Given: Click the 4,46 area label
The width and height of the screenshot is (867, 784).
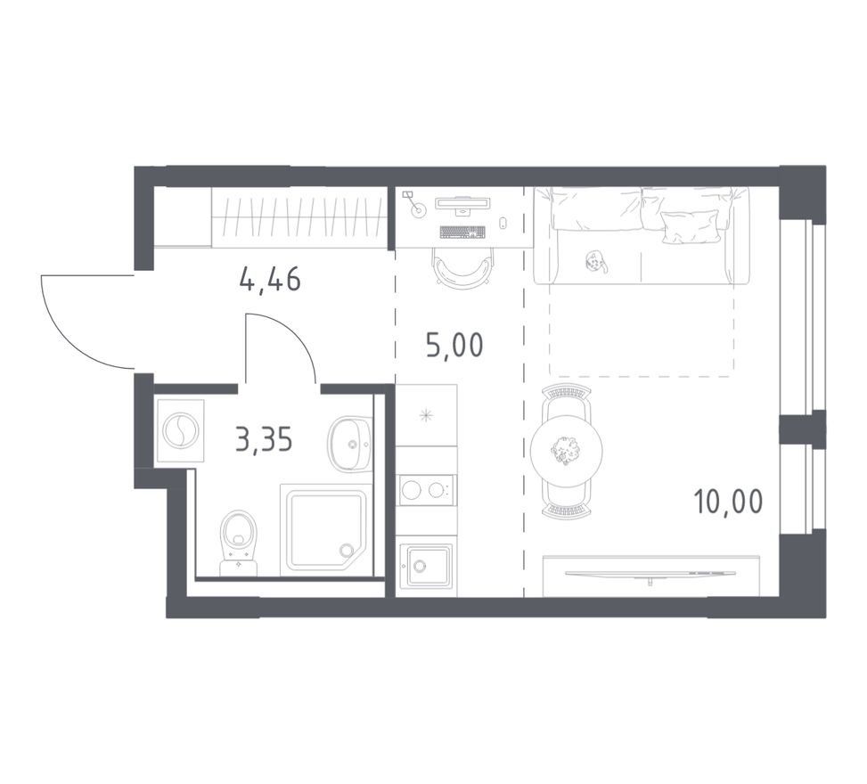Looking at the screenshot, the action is coord(270,279).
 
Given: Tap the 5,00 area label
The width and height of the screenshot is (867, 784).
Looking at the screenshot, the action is coord(454,345).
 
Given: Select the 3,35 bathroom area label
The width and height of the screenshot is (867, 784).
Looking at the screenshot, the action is coord(264,440).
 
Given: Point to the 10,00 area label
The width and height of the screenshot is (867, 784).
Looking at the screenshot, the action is coord(728,501).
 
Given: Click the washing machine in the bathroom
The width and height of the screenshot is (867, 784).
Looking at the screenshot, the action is coord(181,430).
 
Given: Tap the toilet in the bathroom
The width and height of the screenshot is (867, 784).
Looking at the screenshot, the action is coord(238,543).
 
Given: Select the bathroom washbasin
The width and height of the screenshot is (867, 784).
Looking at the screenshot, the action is coord(349,444).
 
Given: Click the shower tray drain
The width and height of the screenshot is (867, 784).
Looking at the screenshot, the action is coord(347,550).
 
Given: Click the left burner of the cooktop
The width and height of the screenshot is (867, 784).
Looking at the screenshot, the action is coord(411,490).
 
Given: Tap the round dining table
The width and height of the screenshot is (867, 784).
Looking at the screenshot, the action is coord(566,449).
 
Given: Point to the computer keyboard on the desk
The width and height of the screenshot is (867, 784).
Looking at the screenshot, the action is coord(462,233).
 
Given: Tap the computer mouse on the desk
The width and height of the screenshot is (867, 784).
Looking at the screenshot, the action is coord(503,224).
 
